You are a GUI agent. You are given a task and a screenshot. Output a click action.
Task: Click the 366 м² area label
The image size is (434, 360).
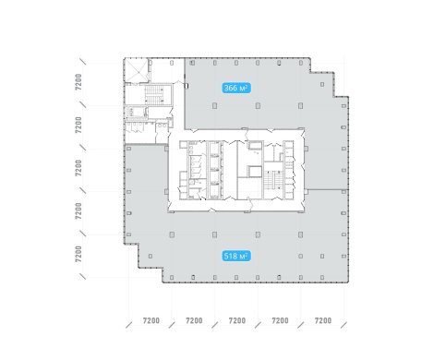click(236, 89)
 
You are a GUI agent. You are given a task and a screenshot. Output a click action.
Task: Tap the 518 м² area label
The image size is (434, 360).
click(236, 256)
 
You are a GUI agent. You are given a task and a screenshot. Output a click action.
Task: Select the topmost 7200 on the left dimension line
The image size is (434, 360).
click(78, 82)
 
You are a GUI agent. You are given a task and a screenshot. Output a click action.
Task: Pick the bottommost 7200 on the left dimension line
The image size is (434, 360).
click(78, 254)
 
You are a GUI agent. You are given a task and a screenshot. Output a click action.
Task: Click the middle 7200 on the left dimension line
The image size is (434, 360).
click(78, 168)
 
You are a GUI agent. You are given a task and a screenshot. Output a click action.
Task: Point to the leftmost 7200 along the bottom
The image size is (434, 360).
click(151, 320)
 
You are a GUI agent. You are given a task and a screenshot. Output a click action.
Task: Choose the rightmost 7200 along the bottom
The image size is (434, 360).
click(323, 320)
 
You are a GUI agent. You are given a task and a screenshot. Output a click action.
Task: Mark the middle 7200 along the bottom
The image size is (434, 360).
click(237, 320)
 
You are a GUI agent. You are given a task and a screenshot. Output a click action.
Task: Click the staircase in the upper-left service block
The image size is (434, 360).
click(154, 95)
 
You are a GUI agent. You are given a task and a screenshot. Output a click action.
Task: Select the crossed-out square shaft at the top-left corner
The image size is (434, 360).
click(136, 70)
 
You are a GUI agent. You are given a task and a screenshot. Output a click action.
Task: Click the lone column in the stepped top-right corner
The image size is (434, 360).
click(322, 84)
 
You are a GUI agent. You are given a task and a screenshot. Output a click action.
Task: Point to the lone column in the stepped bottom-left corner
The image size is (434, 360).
click(151, 256)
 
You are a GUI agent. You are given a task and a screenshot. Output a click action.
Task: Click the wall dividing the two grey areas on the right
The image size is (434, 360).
click(327, 189)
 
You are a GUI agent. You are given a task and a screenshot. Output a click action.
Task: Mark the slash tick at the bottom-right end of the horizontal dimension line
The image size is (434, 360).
click(344, 325)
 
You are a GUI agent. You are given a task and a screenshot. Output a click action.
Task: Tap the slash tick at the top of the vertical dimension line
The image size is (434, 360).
click(82, 61)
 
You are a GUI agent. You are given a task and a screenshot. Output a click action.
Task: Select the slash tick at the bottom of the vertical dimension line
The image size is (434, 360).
click(82, 276)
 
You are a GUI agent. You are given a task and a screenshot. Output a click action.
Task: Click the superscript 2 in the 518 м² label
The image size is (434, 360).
click(247, 254)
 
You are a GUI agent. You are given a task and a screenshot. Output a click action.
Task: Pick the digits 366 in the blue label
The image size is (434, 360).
click(231, 89)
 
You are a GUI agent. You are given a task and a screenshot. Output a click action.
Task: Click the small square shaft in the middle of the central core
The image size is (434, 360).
click(255, 172)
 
